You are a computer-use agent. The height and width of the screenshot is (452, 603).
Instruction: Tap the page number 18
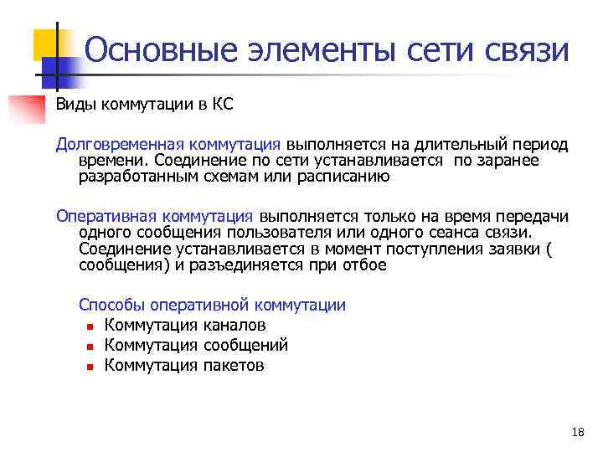577,433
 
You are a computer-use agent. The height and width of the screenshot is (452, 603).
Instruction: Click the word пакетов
234,365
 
